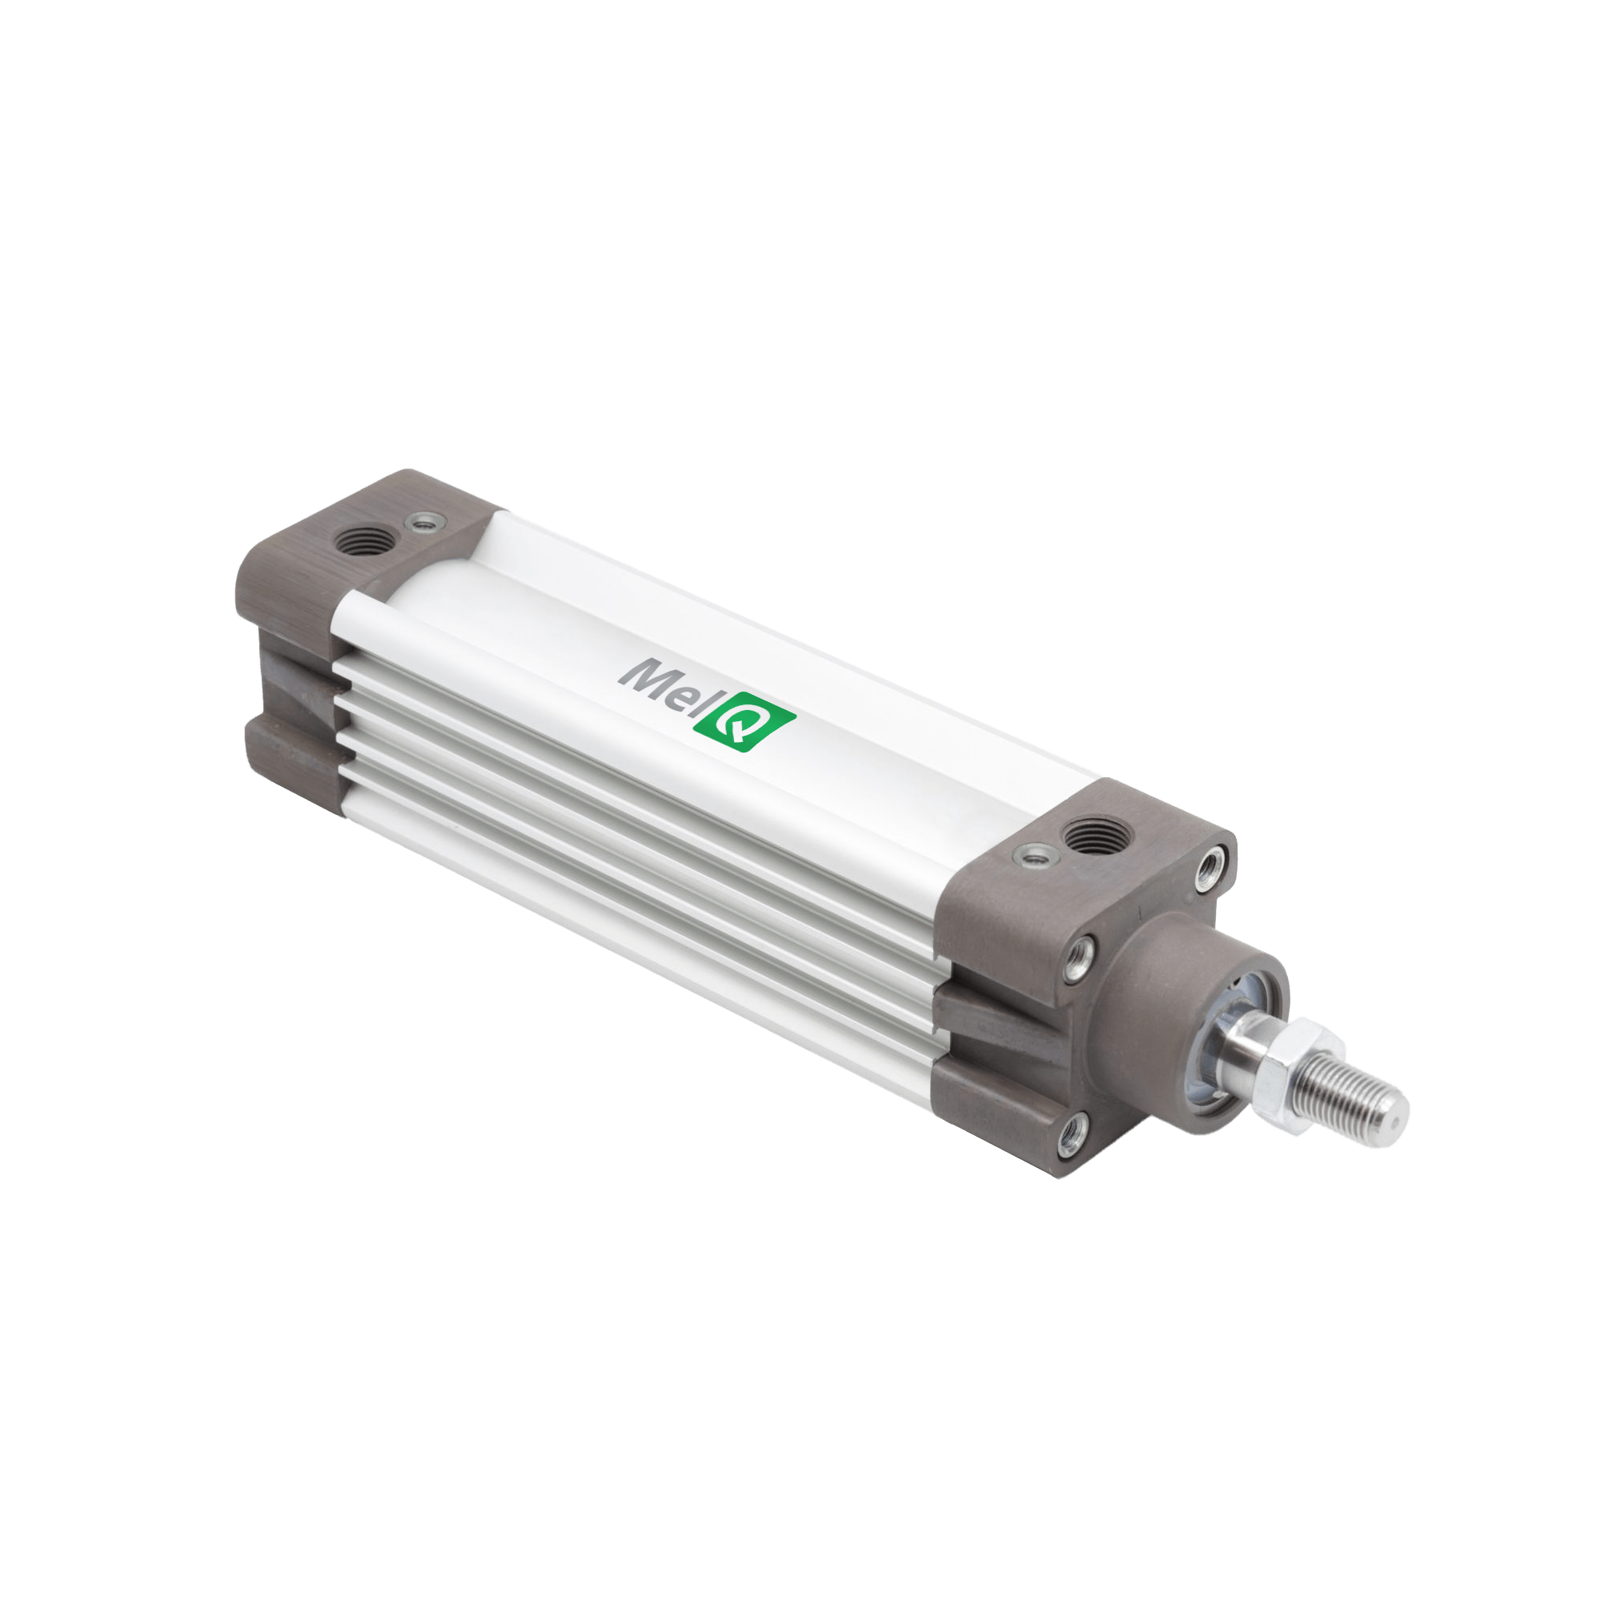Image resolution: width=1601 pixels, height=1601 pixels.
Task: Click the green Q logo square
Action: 744,723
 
